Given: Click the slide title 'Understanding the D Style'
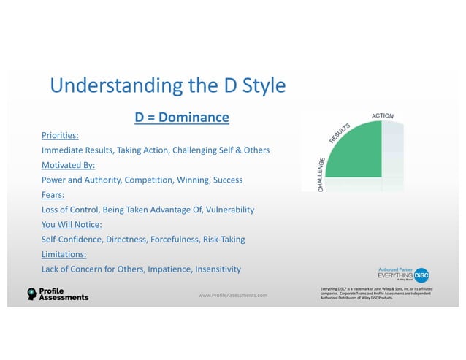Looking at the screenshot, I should (167, 87).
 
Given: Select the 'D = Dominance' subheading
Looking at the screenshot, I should (182, 118).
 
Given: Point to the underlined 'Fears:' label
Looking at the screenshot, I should (54, 195).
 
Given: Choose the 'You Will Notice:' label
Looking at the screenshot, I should (72, 224).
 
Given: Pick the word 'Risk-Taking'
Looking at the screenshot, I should (220, 240).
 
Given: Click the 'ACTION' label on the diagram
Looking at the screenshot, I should (383, 116).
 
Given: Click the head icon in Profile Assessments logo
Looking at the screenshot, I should (31, 294).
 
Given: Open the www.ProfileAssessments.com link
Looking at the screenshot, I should (232, 295).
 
